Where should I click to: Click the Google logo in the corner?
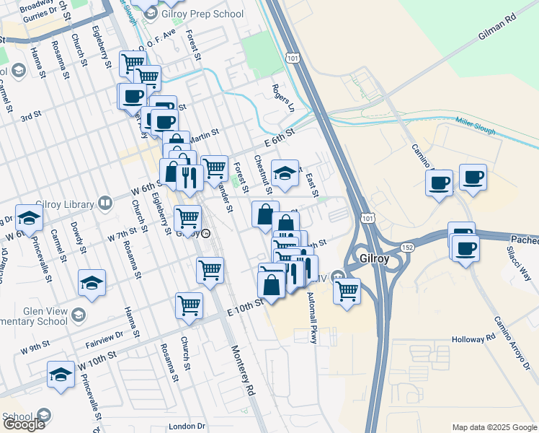point(24,424)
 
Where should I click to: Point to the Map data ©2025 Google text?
point(494,427)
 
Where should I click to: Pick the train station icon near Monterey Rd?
point(206,234)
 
